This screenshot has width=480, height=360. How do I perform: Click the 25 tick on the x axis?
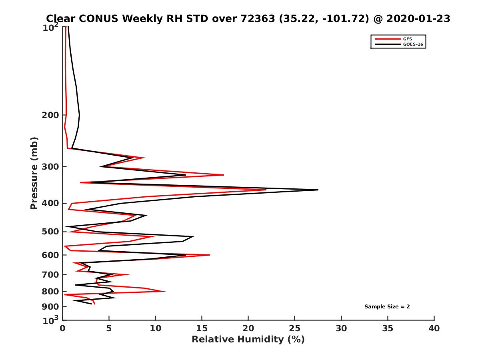point(295,329)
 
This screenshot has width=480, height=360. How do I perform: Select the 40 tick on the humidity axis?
point(434,329)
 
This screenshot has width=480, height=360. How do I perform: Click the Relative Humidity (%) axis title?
point(248,340)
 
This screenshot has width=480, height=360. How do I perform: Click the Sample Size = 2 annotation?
point(387,307)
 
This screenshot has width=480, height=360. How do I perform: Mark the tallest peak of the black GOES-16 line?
point(318,190)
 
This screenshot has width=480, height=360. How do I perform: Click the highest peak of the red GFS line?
point(266,190)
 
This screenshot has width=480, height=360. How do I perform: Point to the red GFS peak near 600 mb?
point(210,255)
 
